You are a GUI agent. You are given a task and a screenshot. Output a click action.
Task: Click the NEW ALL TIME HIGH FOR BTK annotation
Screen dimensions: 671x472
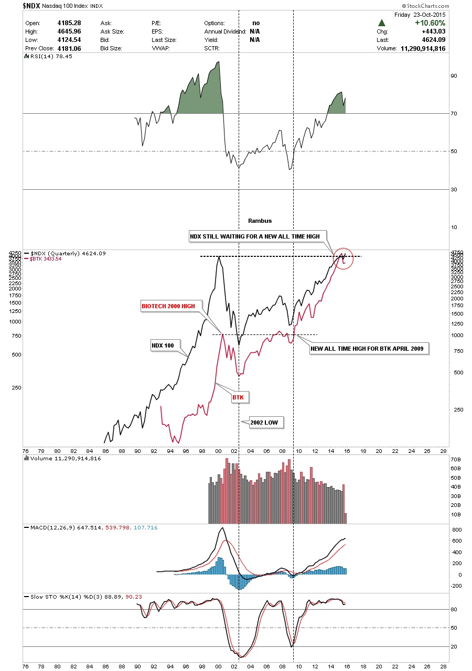(370, 348)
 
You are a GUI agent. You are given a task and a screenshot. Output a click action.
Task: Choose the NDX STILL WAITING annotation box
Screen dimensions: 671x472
(254, 236)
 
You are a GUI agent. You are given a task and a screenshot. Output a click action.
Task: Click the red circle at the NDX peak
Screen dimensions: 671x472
(343, 258)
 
